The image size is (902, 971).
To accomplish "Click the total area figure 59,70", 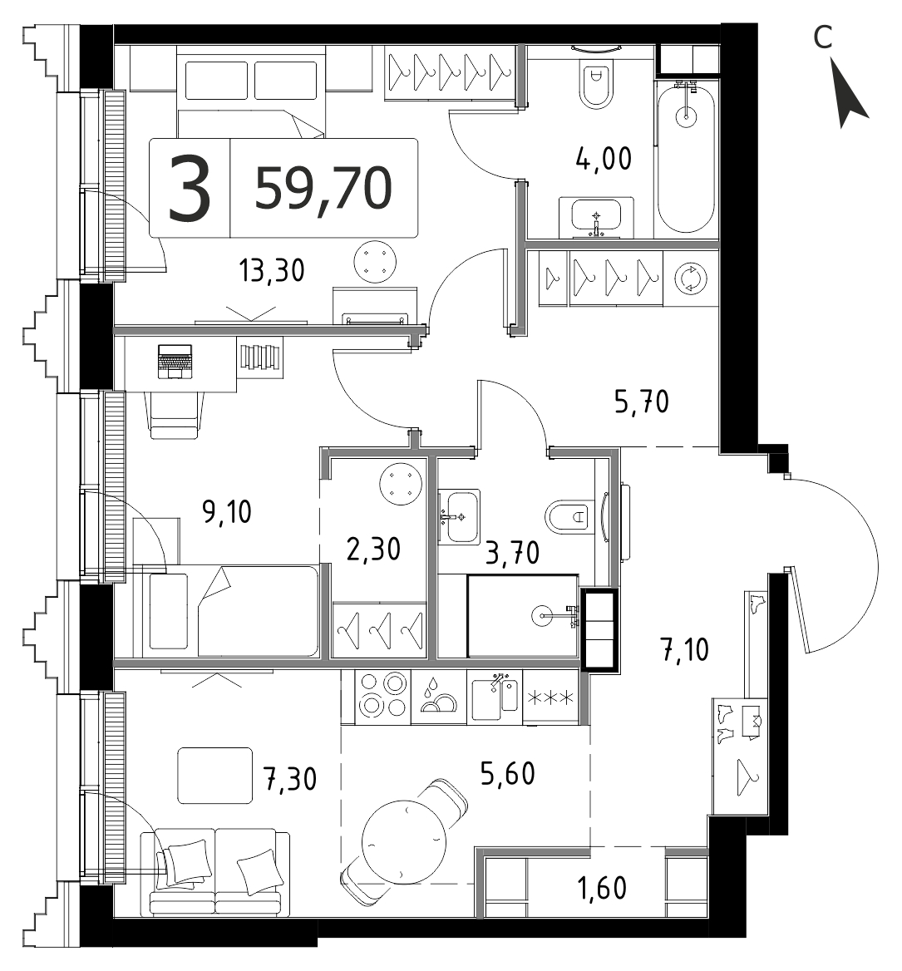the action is click(x=323, y=189).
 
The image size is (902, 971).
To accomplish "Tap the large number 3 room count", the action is click(x=190, y=188).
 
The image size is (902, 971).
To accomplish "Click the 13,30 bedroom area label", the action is click(x=272, y=271).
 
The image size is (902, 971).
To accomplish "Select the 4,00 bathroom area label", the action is click(x=604, y=159).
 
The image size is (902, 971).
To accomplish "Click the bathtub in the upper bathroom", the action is click(x=686, y=158).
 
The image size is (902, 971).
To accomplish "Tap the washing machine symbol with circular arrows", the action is click(x=690, y=278).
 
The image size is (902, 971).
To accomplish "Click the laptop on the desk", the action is click(x=175, y=361).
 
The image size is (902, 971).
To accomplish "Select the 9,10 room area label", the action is click(x=227, y=512).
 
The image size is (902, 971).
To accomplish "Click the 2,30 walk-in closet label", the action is click(x=373, y=550).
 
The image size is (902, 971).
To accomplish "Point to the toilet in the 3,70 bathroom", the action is click(x=566, y=515).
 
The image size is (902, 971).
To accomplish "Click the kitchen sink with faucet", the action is click(x=495, y=697).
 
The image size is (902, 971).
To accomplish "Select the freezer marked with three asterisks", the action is click(x=550, y=698).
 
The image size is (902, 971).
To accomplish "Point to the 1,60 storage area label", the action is click(x=602, y=888).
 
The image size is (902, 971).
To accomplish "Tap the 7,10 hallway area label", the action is click(x=685, y=650).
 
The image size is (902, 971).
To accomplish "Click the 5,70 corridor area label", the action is click(x=641, y=402).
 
